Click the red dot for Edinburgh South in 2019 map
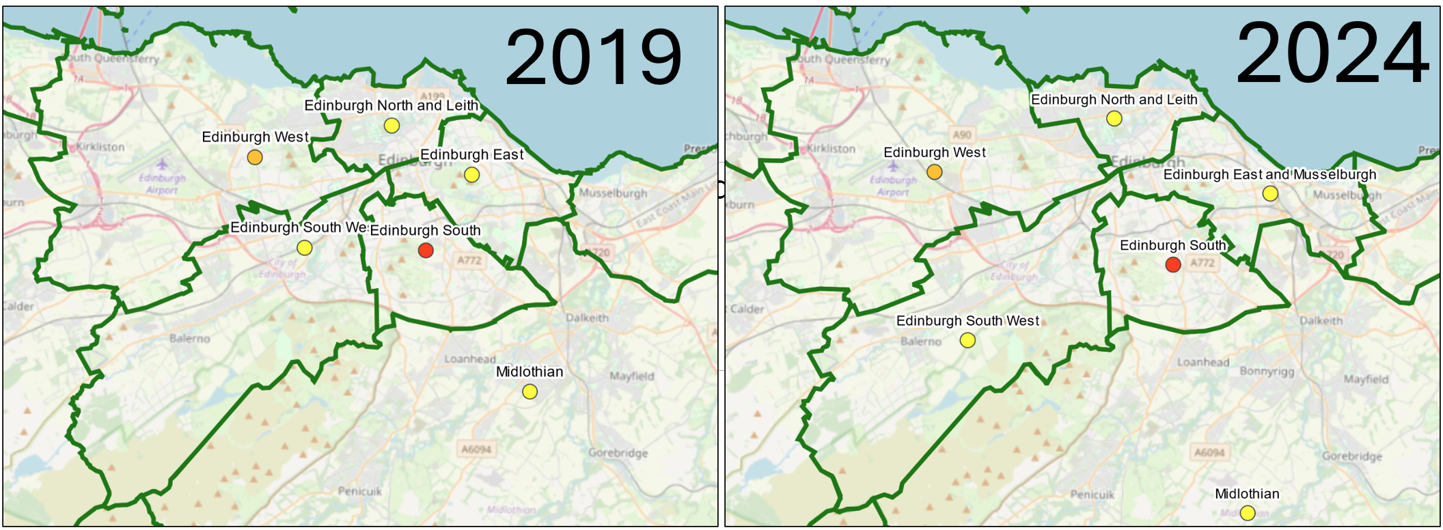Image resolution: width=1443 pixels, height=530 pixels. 426,251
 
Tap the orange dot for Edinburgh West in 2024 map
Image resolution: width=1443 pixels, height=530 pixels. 934,172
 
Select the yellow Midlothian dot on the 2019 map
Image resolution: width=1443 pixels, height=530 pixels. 530,392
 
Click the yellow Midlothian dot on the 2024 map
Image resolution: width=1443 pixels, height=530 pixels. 1248,513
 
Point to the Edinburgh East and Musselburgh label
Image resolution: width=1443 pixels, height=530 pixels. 1269,175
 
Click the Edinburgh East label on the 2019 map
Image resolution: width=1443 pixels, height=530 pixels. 471,155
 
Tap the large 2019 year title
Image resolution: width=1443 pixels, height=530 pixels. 593,57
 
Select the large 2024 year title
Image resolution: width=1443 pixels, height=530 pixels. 1332,53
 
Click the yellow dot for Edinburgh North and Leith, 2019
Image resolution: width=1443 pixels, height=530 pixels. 391,126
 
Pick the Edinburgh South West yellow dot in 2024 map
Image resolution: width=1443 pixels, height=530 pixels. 967,340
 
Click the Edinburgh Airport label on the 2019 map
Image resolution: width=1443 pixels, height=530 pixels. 163,184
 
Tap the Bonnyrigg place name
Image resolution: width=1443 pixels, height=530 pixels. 1267,372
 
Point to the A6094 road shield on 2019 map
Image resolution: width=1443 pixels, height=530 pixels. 476,449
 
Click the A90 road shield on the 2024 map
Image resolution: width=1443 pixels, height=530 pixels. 961,135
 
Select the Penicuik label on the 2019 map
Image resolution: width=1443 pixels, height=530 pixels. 360,491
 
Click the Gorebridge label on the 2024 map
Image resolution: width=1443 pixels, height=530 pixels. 1351,456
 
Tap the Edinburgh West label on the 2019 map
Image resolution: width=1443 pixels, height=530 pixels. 255,137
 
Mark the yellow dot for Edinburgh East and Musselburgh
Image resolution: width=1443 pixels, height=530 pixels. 1269,194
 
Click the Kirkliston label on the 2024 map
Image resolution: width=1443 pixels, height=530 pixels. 831,148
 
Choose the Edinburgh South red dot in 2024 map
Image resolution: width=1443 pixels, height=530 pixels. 1173,265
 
